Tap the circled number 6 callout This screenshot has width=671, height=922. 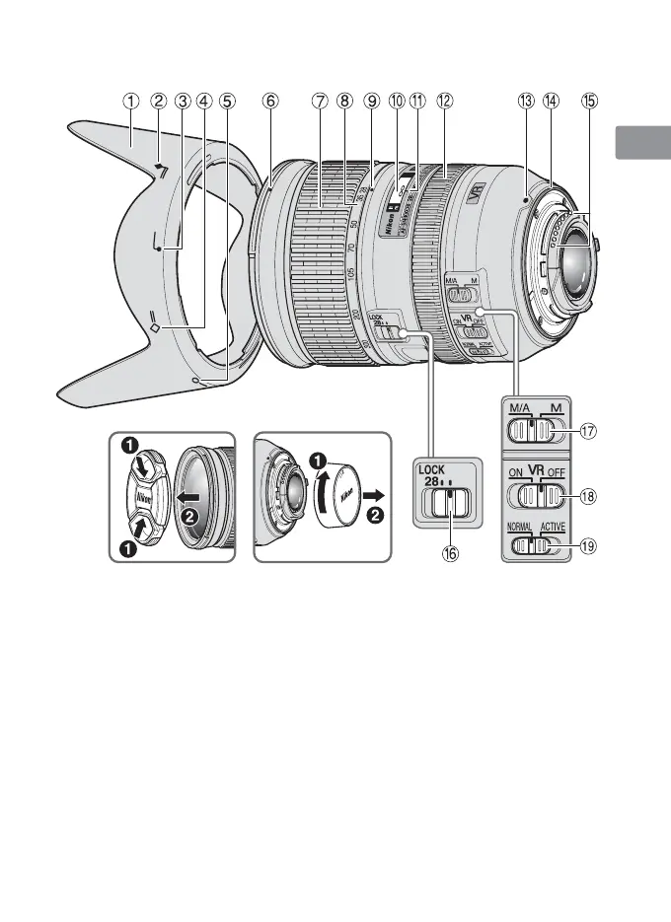point(270,101)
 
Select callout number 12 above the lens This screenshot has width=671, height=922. point(446,101)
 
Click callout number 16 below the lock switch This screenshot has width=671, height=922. point(450,554)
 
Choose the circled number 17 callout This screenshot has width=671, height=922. point(589,430)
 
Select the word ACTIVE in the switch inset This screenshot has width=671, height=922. point(553,528)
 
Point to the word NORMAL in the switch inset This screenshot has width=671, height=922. point(520,528)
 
